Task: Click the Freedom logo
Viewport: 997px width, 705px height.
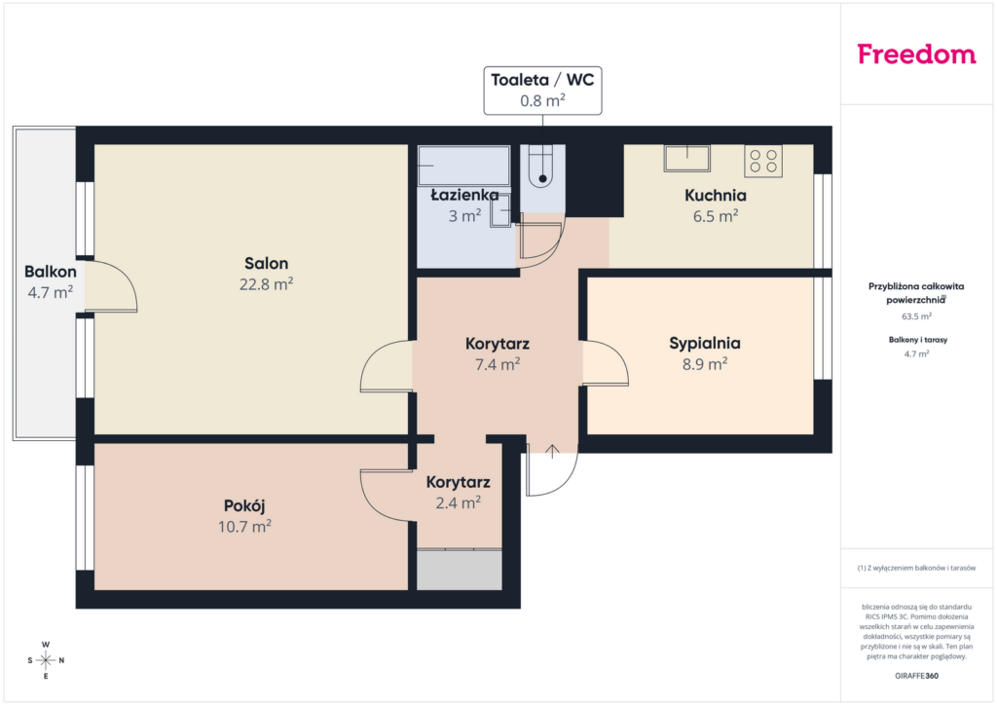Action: click(916, 54)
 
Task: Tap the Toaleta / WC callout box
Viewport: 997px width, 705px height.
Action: click(542, 91)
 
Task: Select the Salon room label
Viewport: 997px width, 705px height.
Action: click(267, 263)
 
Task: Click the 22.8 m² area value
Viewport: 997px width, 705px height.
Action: click(266, 284)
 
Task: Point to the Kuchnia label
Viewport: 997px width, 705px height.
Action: click(716, 195)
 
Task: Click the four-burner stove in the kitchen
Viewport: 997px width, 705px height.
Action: click(763, 161)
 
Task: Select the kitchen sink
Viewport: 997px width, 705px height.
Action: click(686, 159)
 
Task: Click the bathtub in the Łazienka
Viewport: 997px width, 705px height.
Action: click(463, 166)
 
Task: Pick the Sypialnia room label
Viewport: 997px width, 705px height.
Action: click(705, 344)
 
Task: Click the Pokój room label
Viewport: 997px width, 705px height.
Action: click(244, 506)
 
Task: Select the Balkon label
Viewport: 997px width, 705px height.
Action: click(51, 272)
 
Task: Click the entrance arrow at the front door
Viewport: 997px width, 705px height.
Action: click(552, 451)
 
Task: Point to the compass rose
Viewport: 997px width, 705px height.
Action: click(46, 660)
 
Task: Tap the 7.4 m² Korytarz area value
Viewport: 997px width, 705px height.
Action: click(498, 364)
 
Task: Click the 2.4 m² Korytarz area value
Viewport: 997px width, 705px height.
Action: click(458, 502)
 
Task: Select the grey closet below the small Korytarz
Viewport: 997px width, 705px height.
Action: click(460, 570)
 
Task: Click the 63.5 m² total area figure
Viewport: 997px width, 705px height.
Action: click(916, 315)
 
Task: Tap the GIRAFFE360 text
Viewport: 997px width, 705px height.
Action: click(916, 676)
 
